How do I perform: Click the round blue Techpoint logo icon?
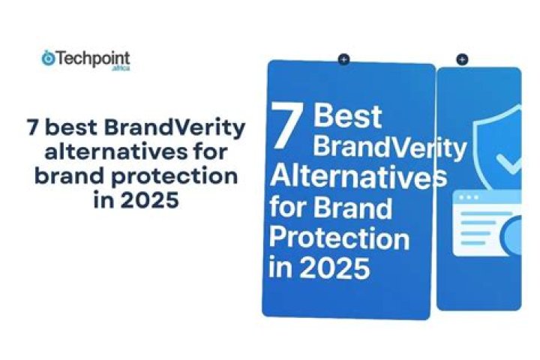pyautogui.click(x=48, y=58)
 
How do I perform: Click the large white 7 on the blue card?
pyautogui.click(x=286, y=126)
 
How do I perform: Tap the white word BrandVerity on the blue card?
pyautogui.click(x=388, y=147)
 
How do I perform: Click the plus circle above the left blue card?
pyautogui.click(x=343, y=59)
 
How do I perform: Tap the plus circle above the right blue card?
pyautogui.click(x=462, y=59)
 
